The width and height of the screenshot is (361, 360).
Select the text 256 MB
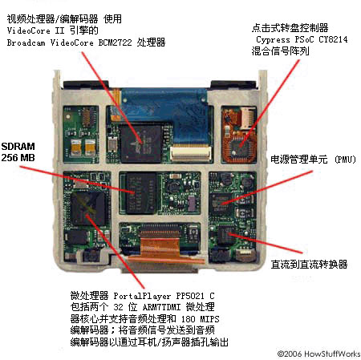pyautogui.click(x=18, y=159)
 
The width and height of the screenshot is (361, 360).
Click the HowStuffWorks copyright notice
pyautogui.click(x=318, y=353)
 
